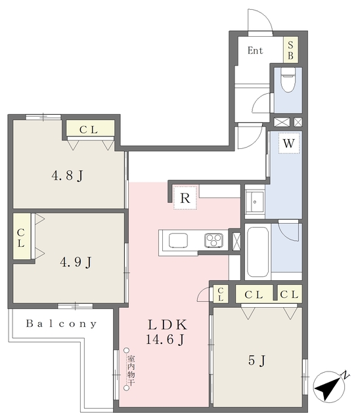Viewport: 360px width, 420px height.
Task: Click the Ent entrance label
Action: [x=256, y=51]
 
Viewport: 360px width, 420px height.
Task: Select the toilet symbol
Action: [x=287, y=83]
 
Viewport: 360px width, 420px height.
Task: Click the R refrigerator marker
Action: [x=185, y=198]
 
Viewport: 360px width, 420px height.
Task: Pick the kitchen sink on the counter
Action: [x=179, y=240]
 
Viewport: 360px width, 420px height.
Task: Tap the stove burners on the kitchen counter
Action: [x=214, y=240]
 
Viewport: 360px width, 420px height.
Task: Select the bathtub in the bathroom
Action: [x=258, y=253]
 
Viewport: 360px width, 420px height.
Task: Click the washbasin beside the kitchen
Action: [x=254, y=202]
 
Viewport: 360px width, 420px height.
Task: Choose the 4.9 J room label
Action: [x=75, y=262]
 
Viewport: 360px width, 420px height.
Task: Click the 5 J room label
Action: [x=257, y=360]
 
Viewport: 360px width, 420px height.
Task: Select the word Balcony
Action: [x=62, y=324]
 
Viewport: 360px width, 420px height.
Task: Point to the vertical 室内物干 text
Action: [x=130, y=371]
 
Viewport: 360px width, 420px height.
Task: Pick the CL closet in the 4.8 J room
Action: [x=89, y=130]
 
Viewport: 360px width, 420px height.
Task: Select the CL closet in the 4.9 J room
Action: [x=21, y=237]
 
